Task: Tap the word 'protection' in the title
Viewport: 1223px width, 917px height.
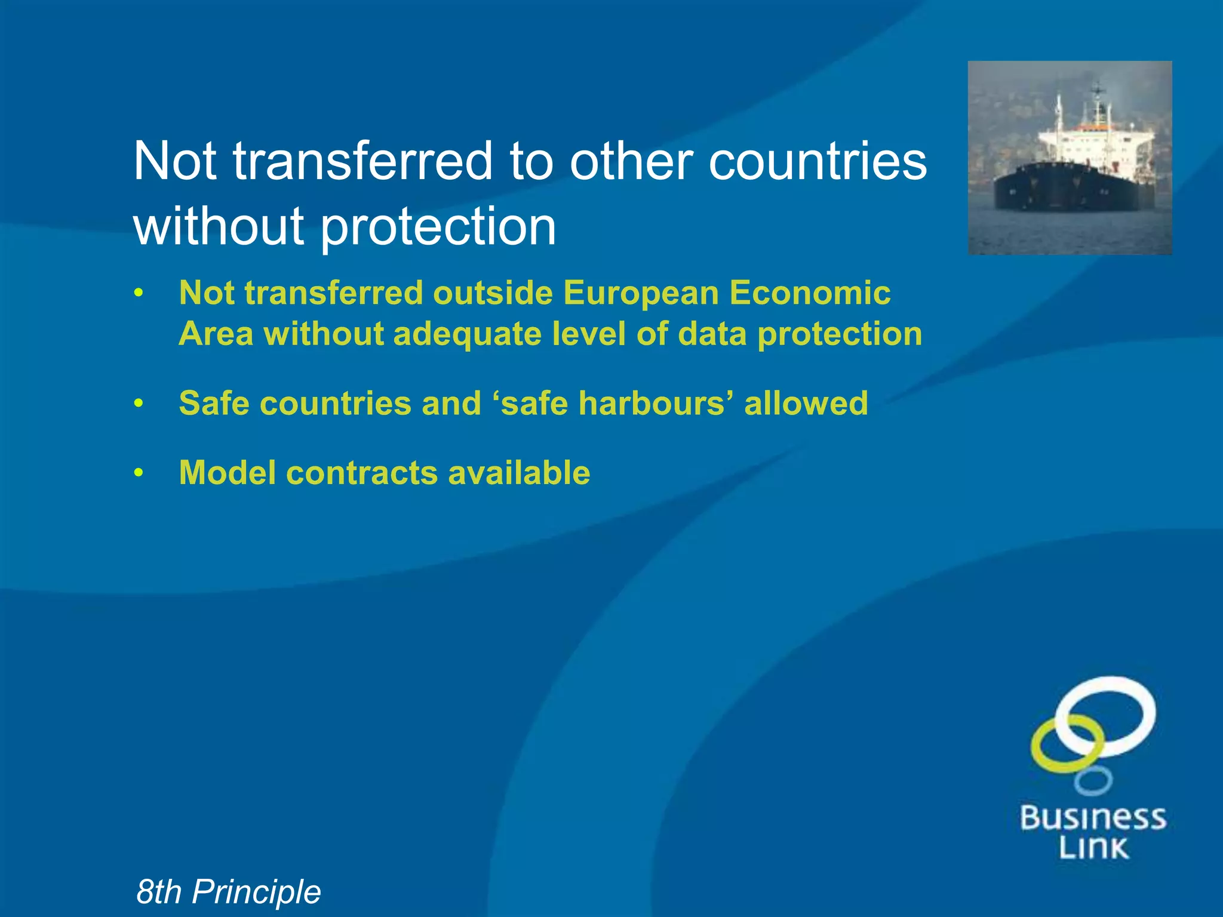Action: point(438,227)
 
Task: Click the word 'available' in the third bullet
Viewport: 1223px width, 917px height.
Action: point(519,473)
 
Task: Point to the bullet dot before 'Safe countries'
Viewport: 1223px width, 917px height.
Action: point(139,404)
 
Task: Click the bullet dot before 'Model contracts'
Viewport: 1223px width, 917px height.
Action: point(139,473)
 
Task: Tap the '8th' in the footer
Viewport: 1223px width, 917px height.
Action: point(159,892)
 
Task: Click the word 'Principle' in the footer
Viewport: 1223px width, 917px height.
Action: point(256,892)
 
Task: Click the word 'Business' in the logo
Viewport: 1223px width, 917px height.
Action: point(1093,818)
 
